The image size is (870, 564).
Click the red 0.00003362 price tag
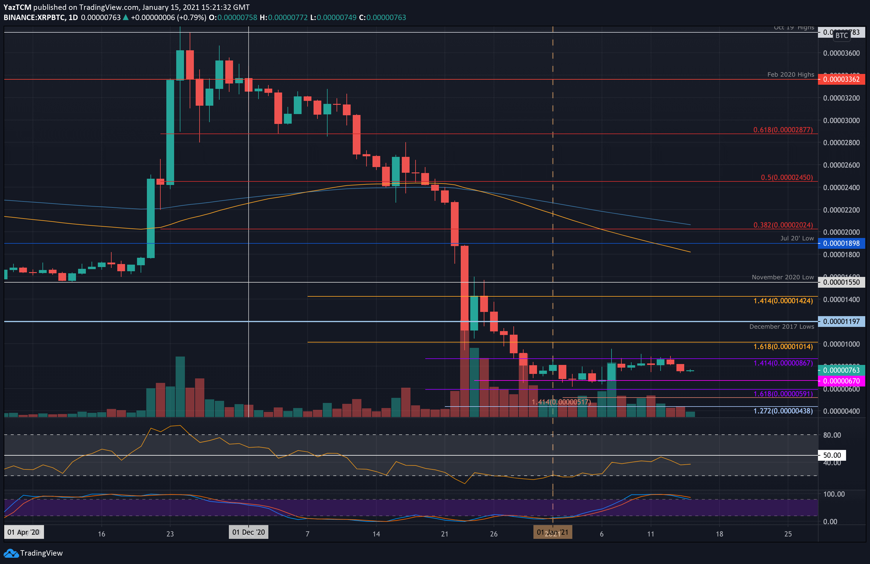coord(841,79)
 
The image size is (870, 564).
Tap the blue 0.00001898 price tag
coord(841,243)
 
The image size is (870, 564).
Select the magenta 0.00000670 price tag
coord(841,381)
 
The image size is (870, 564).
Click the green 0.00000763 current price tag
coord(841,370)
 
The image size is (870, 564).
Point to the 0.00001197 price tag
coord(841,322)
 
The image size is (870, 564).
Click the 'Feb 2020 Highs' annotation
coord(790,75)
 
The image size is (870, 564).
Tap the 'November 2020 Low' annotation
coord(783,277)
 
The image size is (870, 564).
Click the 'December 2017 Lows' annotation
coord(781,327)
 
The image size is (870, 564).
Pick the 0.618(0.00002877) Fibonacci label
coord(783,130)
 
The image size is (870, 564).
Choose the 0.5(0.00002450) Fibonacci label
coord(787,178)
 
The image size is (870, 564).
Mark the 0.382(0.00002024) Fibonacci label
coord(783,225)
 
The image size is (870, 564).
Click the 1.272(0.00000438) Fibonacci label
coord(783,411)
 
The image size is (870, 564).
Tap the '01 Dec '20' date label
coord(249,532)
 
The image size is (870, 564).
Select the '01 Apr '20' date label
coord(23,532)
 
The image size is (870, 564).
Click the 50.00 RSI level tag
coord(832,455)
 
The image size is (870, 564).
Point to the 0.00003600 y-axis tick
coord(841,53)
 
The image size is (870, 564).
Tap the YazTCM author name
coord(17,7)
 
